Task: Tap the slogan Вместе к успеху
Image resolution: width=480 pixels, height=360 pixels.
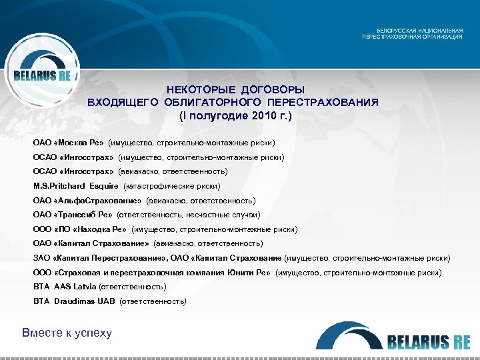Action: coord(67,333)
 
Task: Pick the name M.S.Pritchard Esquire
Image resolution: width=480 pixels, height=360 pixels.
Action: coord(76,186)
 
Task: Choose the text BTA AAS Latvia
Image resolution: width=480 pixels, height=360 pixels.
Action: coord(64,287)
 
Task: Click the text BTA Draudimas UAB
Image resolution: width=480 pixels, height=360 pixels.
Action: coord(73,301)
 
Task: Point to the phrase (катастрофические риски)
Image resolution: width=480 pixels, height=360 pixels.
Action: coord(171,186)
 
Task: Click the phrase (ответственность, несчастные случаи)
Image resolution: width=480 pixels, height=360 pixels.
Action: coord(188,215)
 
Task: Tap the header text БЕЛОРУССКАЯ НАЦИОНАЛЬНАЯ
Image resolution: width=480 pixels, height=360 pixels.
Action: coord(420,31)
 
